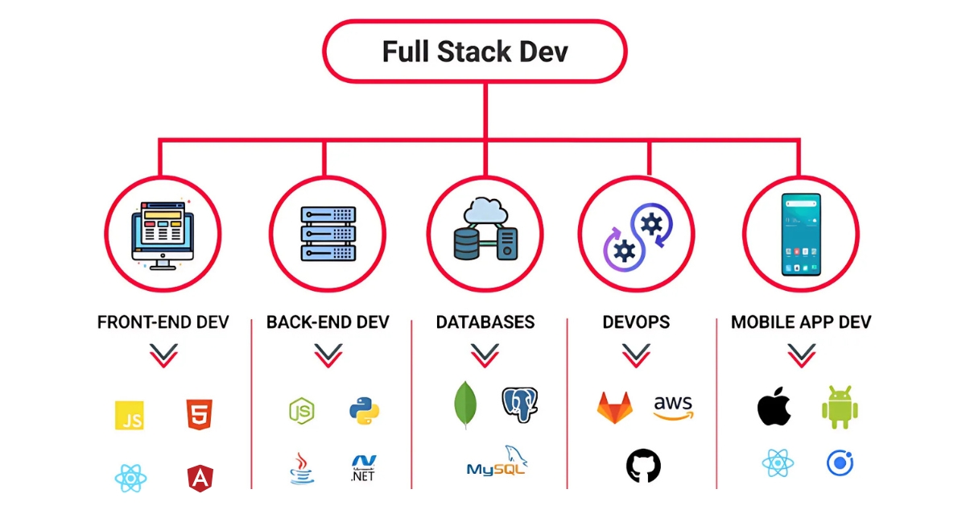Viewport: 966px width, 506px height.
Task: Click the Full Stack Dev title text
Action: tap(474, 52)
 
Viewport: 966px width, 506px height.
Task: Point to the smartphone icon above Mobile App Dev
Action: tap(800, 234)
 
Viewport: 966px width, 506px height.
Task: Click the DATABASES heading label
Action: tap(485, 322)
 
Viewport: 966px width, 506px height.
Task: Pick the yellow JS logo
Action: tap(130, 415)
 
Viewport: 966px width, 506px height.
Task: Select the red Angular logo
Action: tap(199, 479)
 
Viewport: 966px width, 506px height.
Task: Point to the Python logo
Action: tap(365, 410)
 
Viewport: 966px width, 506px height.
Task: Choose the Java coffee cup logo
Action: tap(300, 468)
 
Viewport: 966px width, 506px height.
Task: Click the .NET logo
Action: tap(364, 469)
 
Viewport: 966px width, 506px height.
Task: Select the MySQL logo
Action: tap(497, 463)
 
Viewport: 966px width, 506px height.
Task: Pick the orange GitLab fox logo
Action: tap(614, 407)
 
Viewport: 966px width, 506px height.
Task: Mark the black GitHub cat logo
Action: tap(643, 466)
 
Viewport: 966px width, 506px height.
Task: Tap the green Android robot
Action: tap(840, 407)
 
